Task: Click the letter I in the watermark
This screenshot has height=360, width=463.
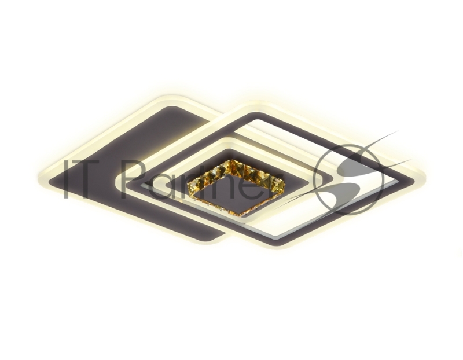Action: tap(67, 179)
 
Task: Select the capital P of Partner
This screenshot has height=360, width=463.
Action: tap(134, 179)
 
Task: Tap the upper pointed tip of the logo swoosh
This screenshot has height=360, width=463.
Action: tap(398, 131)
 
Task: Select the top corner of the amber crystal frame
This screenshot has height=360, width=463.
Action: tap(233, 161)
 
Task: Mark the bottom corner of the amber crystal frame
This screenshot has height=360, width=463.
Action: tap(242, 215)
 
